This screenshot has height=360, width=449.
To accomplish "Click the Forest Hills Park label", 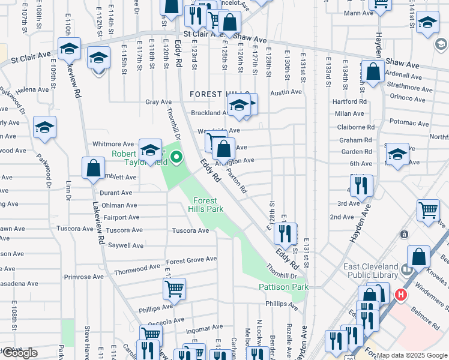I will tap(208, 205).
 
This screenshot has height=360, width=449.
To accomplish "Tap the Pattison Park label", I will tap(283, 287).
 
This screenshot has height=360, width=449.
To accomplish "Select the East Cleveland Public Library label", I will tap(370, 271).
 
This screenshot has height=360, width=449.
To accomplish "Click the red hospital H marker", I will tap(400, 295).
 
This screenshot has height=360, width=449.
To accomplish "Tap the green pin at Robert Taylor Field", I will tap(176, 158).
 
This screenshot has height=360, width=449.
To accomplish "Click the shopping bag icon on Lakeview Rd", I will tap(93, 169).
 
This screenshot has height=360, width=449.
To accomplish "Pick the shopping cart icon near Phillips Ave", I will tap(174, 289).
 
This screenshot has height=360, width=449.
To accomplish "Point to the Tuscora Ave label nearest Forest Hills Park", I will tap(190, 230).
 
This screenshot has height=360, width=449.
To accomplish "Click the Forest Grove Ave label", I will tap(191, 260).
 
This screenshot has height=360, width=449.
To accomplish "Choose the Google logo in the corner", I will tap(20, 353).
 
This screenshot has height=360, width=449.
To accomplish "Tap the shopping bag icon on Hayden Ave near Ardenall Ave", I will tap(373, 72).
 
